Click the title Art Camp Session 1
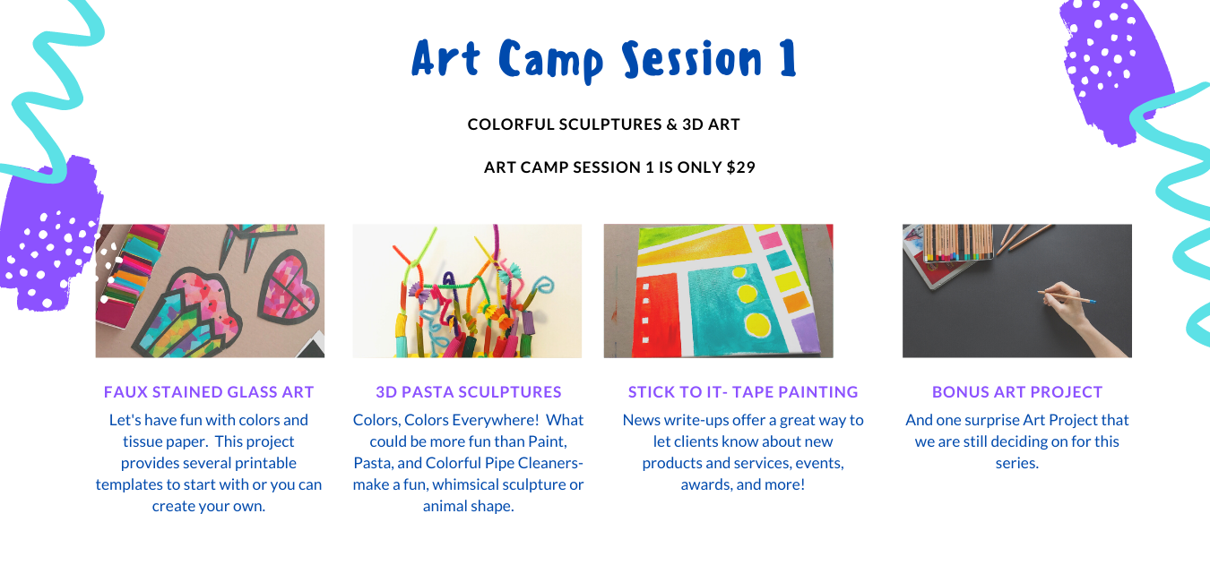[604, 60]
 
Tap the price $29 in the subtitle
[740, 167]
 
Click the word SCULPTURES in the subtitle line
[609, 124]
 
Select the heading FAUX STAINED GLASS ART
[209, 391]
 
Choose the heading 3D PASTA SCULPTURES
[469, 391]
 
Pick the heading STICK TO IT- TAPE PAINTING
[743, 391]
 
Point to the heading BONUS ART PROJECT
[1017, 391]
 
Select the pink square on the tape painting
[770, 240]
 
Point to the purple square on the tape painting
[806, 329]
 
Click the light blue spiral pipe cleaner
[543, 287]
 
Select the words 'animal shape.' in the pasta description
[469, 506]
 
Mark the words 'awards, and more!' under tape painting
[743, 484]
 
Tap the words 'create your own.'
[209, 506]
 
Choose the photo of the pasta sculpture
[467, 291]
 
